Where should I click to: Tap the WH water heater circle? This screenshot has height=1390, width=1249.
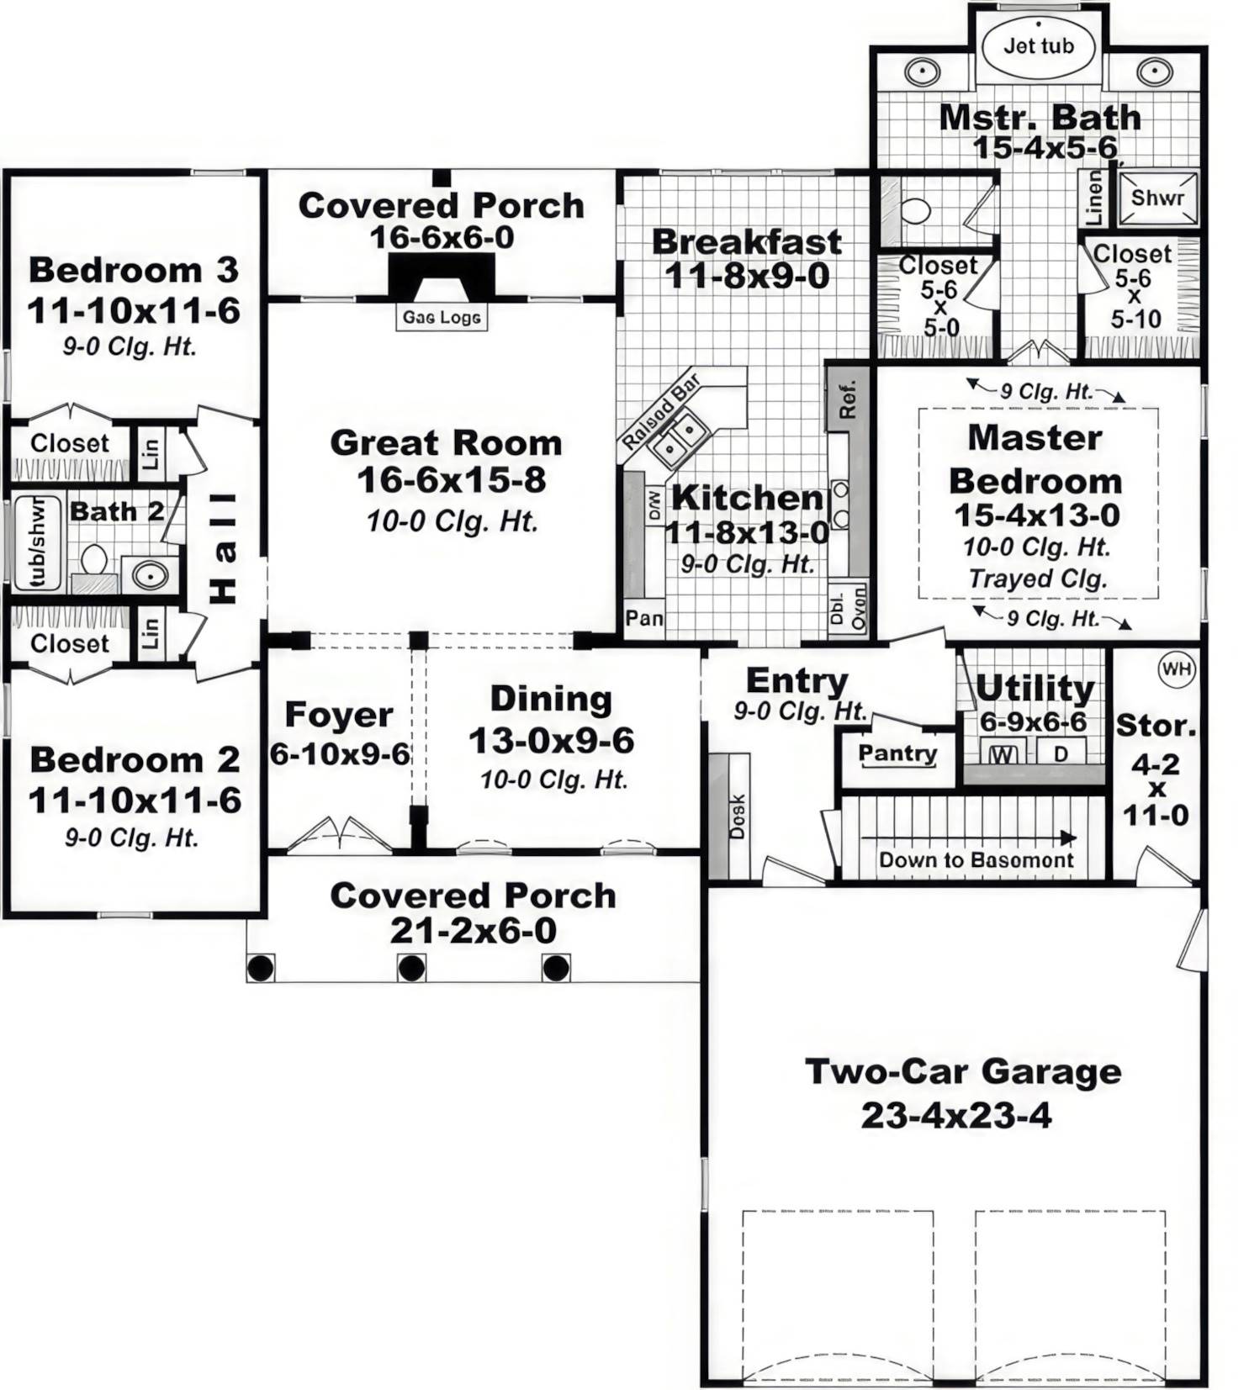(1175, 669)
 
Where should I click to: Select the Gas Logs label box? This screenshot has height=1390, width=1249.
(442, 317)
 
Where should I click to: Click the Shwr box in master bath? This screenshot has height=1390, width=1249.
(1157, 198)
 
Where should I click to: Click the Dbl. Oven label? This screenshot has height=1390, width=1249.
(847, 607)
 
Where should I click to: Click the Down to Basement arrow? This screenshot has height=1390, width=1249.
(967, 838)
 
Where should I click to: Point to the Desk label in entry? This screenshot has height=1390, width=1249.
(737, 816)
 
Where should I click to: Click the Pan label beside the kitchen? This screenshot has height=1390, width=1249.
(643, 618)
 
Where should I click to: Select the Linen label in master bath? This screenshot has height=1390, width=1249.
(1093, 198)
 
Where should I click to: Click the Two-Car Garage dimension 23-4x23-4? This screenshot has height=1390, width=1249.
(955, 1116)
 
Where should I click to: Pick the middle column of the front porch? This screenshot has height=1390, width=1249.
(411, 968)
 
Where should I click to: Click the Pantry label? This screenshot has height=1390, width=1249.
(897, 753)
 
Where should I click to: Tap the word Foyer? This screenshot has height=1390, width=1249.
(338, 715)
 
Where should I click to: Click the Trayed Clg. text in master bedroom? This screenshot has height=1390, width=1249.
(1037, 579)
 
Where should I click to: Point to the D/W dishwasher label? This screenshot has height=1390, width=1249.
(654, 505)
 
